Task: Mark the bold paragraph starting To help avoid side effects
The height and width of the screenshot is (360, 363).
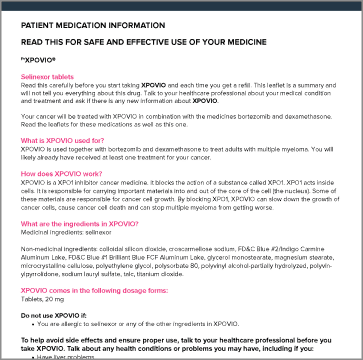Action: pyautogui.click(x=171, y=341)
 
